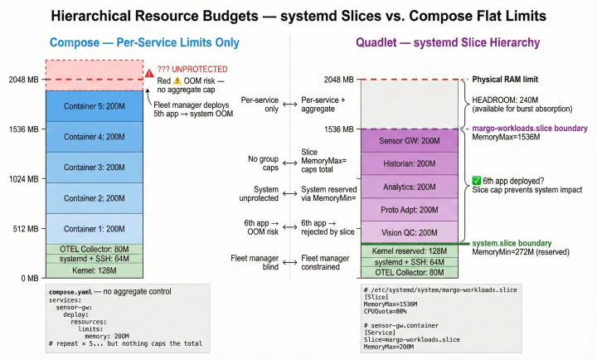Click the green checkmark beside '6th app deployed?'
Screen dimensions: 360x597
click(x=476, y=180)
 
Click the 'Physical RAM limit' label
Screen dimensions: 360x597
click(x=507, y=80)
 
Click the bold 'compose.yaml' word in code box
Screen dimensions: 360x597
click(x=69, y=293)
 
